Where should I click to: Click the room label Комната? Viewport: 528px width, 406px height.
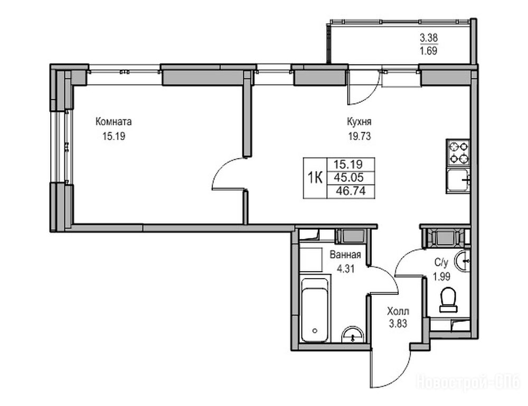point(114,122)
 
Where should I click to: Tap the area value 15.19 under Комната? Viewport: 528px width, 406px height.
point(114,136)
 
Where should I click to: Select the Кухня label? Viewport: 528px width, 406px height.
point(359,122)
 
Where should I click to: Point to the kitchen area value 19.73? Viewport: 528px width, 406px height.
point(360,136)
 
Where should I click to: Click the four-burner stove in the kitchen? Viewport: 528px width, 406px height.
point(458,152)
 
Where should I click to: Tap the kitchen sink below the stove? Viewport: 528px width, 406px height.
point(458,181)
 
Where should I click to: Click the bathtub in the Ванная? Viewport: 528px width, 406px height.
point(315,310)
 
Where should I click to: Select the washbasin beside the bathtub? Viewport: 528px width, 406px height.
point(353,335)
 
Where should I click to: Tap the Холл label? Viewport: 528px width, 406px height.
point(398,310)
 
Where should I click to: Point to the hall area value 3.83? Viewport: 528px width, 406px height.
point(398,324)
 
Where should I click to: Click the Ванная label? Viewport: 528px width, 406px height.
point(345,255)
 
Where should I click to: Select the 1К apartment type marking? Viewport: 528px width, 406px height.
point(315,177)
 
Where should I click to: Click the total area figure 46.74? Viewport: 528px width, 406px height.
point(351,191)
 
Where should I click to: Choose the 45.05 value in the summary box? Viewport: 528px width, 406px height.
point(348,177)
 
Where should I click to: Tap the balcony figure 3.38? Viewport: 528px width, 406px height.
point(429,38)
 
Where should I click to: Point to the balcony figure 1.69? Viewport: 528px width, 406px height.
point(429,51)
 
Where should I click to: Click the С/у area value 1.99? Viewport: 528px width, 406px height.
point(441,277)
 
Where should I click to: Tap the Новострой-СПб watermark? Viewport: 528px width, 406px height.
point(468,382)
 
